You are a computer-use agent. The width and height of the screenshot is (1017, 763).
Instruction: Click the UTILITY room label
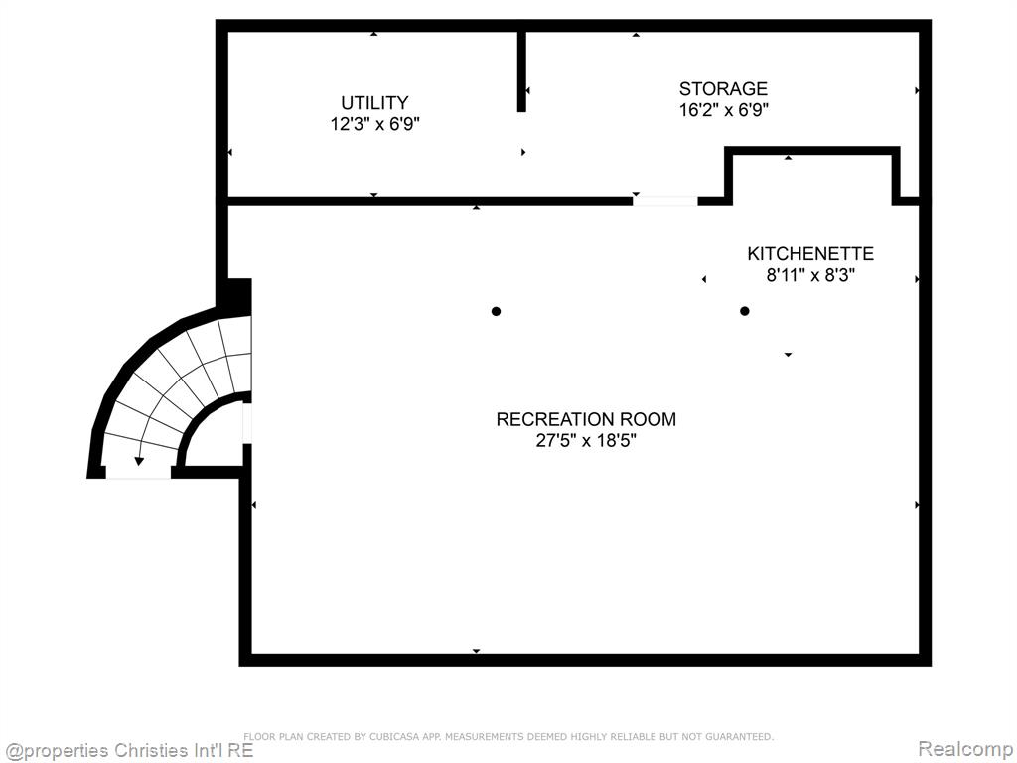[374, 103]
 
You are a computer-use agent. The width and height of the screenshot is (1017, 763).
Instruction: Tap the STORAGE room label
[723, 88]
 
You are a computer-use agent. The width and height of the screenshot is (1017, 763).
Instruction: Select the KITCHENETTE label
[810, 253]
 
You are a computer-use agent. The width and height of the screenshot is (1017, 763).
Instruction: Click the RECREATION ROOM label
[586, 419]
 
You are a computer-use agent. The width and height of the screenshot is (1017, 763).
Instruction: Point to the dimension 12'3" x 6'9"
[374, 124]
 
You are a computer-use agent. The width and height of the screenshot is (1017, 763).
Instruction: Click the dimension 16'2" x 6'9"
[723, 109]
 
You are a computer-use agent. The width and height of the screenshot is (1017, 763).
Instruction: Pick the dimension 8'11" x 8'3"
[810, 275]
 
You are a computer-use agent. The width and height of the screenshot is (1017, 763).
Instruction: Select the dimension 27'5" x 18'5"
[586, 440]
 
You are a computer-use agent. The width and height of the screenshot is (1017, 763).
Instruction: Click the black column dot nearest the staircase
[497, 311]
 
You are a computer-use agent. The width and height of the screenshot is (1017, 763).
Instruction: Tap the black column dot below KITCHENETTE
[745, 311]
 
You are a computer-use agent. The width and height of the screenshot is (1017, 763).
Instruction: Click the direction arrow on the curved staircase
[139, 461]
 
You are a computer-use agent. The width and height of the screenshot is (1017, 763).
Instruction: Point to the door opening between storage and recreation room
[664, 201]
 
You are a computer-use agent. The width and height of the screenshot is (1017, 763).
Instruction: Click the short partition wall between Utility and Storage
[521, 72]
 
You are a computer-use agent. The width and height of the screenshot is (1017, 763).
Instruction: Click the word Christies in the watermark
[149, 751]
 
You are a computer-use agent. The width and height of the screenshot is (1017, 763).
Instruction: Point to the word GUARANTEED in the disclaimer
[739, 737]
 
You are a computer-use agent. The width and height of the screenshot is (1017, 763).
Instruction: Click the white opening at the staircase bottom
[138, 473]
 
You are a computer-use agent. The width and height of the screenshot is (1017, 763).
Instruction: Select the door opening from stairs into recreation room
[247, 423]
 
